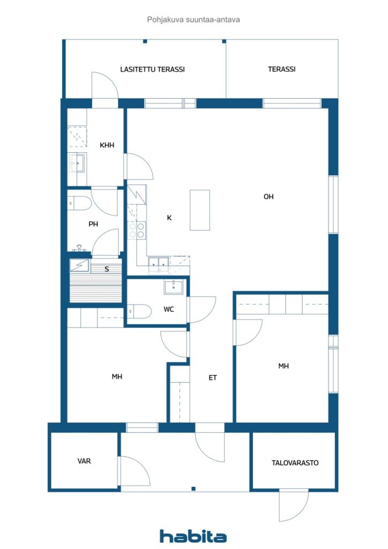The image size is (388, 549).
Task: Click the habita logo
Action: [x=193, y=536]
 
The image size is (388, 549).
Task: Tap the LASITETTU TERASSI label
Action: [x=152, y=69]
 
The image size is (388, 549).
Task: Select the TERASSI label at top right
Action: [x=282, y=69]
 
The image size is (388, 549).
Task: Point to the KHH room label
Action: [x=107, y=145]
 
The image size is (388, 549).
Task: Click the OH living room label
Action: [x=268, y=197]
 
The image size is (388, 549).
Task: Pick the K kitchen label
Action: [x=169, y=218]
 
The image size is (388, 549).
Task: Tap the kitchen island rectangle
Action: [x=200, y=210]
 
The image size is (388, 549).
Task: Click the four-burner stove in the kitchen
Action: [x=137, y=231]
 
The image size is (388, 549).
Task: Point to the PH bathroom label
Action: [x=93, y=224]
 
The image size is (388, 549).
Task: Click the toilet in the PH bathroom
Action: [x=79, y=203]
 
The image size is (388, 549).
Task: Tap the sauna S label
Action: [x=107, y=269]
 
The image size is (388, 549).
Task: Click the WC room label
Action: [x=169, y=309]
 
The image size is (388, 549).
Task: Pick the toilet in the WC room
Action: [x=139, y=311]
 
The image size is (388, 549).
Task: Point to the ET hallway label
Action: [x=213, y=377]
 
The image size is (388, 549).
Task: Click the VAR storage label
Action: [x=84, y=461]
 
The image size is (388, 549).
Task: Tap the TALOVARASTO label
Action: [x=295, y=463]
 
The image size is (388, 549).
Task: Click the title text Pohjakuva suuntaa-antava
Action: [x=193, y=20]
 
